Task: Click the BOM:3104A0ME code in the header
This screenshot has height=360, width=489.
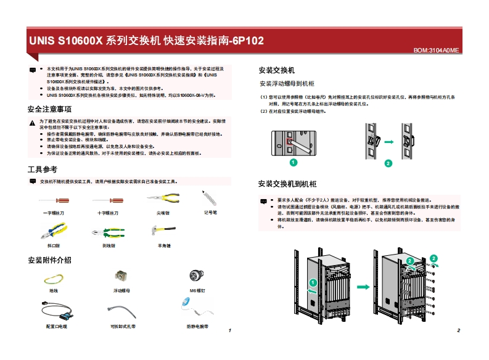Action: (x=436, y=50)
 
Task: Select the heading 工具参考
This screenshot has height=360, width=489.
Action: (x=43, y=169)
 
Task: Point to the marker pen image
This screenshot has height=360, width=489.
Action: (x=210, y=199)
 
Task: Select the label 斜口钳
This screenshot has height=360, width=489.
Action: (x=54, y=245)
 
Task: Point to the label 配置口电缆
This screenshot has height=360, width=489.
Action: (x=57, y=326)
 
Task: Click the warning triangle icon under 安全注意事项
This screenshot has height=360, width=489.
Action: (x=32, y=122)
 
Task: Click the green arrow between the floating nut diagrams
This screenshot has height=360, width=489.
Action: (x=388, y=142)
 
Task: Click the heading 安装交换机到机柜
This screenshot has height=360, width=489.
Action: (x=287, y=184)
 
